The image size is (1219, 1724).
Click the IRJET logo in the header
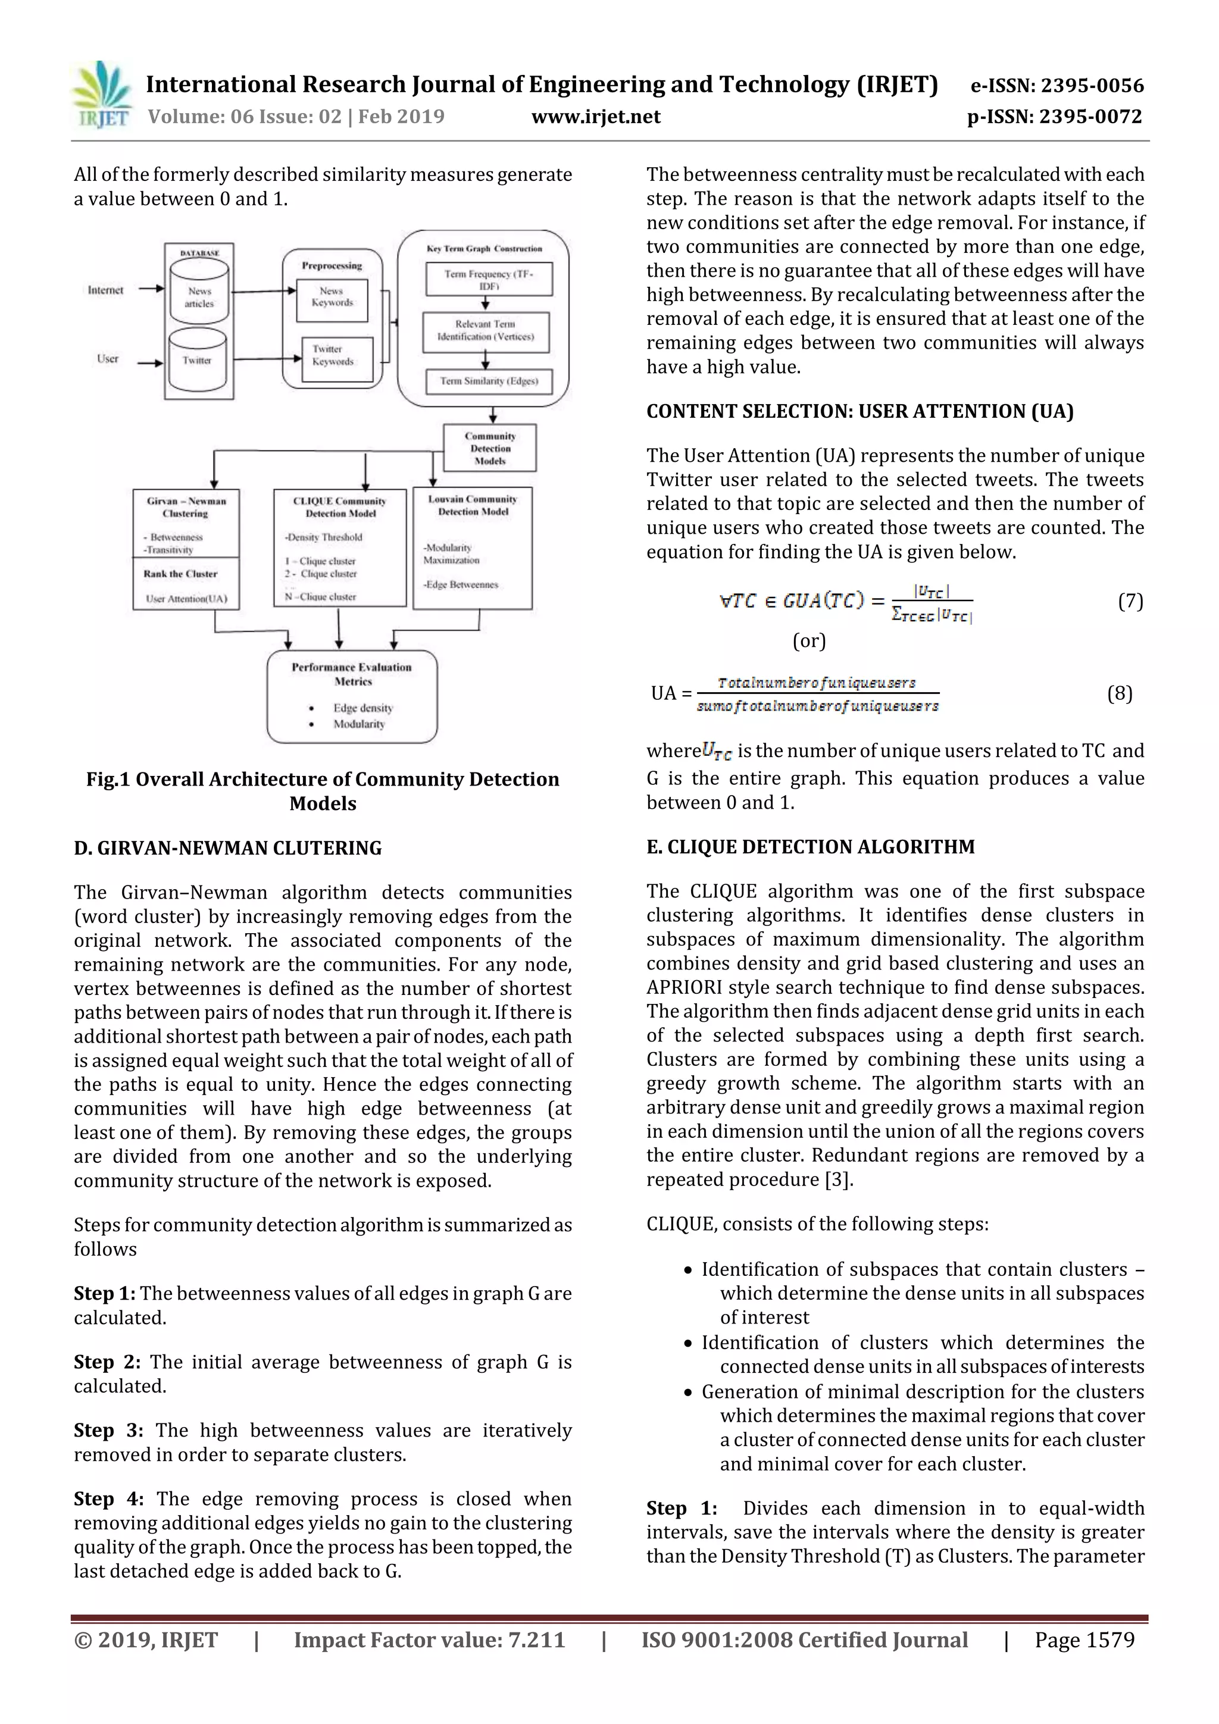tap(101, 95)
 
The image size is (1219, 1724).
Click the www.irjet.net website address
tap(596, 117)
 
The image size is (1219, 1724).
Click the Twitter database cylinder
tap(198, 359)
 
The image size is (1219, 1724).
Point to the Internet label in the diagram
tap(105, 290)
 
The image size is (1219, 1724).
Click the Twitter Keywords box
tap(333, 355)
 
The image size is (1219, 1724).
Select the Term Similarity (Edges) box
tap(489, 381)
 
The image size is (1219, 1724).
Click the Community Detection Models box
tap(490, 448)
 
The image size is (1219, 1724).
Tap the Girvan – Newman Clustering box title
tap(186, 507)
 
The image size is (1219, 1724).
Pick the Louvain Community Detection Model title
tap(473, 505)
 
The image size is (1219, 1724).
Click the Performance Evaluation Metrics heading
tap(352, 674)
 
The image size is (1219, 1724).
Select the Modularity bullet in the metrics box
tap(358, 724)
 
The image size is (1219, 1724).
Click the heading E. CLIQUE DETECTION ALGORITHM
tap(811, 846)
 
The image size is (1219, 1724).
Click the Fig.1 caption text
tap(323, 791)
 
